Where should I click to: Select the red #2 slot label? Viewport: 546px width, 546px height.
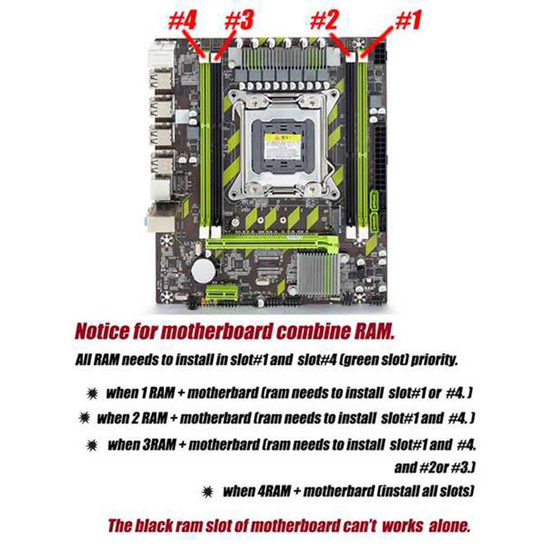(x=326, y=22)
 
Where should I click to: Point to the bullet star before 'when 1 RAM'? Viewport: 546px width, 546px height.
(x=92, y=394)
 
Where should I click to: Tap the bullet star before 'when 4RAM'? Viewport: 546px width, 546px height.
(x=208, y=491)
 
